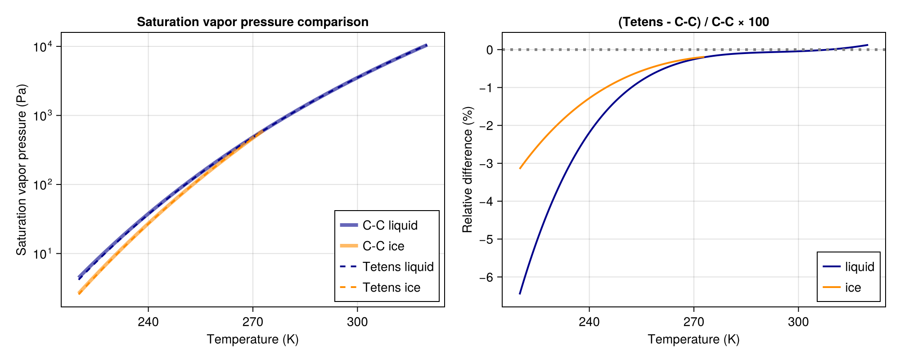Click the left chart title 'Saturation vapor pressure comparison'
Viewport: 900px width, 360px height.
pyautogui.click(x=252, y=22)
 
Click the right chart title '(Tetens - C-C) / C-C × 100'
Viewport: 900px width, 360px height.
pyautogui.click(x=693, y=22)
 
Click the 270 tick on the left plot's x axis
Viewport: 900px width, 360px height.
pyautogui.click(x=252, y=322)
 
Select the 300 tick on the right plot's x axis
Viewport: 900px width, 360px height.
pyautogui.click(x=798, y=322)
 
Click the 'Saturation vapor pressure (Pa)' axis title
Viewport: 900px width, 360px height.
pyautogui.click(x=21, y=170)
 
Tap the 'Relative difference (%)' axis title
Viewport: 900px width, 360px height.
pyautogui.click(x=468, y=170)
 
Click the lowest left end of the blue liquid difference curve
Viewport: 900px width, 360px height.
pyautogui.click(x=520, y=294)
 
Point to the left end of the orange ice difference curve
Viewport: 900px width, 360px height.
pyautogui.click(x=520, y=168)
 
